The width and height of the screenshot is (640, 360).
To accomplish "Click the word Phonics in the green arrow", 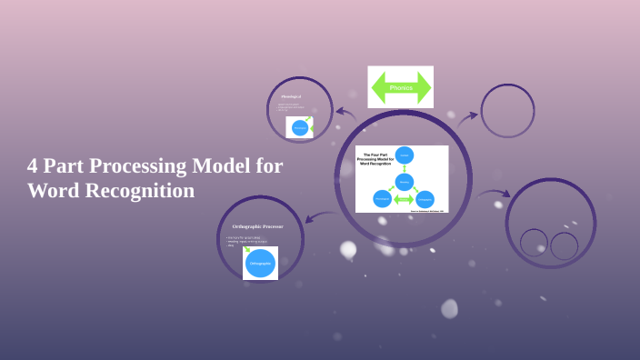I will pos(401,88).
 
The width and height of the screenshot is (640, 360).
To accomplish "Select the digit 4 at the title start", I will pos(34,166).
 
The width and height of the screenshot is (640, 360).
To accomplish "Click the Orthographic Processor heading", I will pos(257,225).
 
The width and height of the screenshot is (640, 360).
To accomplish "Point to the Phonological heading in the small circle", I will pos(291,96).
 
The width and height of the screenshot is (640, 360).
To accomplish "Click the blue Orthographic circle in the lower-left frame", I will pos(260,263).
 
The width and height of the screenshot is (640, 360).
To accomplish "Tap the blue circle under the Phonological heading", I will pos(299,128).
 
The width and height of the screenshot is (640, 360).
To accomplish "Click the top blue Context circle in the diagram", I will pos(405,155).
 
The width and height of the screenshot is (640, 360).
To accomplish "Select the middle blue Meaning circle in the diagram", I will pos(405,181).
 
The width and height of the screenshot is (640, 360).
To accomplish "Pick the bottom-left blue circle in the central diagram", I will pos(382,199).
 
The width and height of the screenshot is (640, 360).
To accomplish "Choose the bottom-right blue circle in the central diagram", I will pos(425,199).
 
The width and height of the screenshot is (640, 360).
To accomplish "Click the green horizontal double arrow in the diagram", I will pos(404,199).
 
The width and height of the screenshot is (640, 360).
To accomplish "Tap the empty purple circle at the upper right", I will pos(507,111).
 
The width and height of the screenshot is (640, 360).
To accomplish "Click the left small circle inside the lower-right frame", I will pos(534,243).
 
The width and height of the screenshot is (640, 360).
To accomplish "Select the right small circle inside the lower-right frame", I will pos(565,245).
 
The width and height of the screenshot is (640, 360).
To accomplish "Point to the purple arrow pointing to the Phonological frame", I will pos(345,114).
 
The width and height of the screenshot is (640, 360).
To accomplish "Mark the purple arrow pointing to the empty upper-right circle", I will pos(466,117).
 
